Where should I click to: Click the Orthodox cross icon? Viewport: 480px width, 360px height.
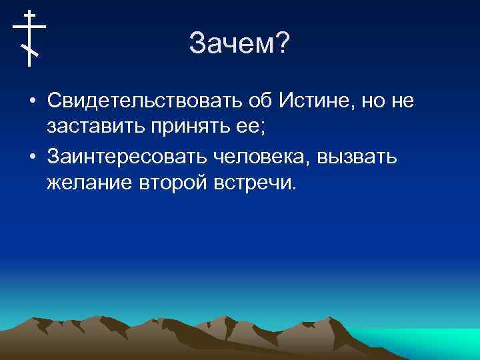(29, 38)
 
